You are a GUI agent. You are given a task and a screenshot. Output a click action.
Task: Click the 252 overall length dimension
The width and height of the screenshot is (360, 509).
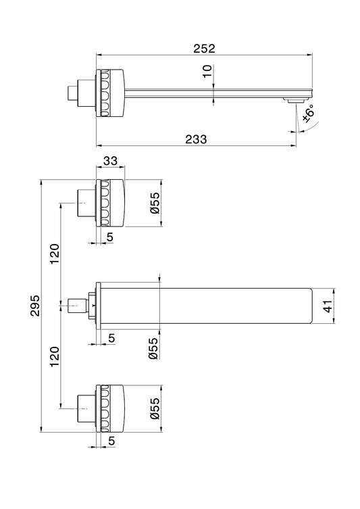pos(204,49)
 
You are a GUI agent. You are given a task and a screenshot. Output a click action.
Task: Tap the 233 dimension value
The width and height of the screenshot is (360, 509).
pos(196,139)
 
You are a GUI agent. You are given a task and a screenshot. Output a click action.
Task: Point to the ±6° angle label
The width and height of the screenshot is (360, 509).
pos(309,114)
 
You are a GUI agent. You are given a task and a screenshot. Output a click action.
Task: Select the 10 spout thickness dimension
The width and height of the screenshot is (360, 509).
pos(207,71)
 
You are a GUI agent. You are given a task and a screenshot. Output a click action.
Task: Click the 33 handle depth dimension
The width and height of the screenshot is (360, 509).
pos(110,161)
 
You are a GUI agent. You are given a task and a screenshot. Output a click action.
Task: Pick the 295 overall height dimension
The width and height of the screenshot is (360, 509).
pos(35,306)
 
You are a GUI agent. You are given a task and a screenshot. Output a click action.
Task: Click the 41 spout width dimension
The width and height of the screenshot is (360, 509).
pos(328,306)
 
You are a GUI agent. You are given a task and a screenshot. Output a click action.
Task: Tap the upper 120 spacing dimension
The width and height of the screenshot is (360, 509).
pos(55,253)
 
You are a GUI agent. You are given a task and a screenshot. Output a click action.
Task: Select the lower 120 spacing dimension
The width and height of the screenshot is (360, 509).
pos(55,357)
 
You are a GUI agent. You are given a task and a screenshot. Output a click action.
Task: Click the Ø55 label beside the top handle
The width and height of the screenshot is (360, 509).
pos(155,203)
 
